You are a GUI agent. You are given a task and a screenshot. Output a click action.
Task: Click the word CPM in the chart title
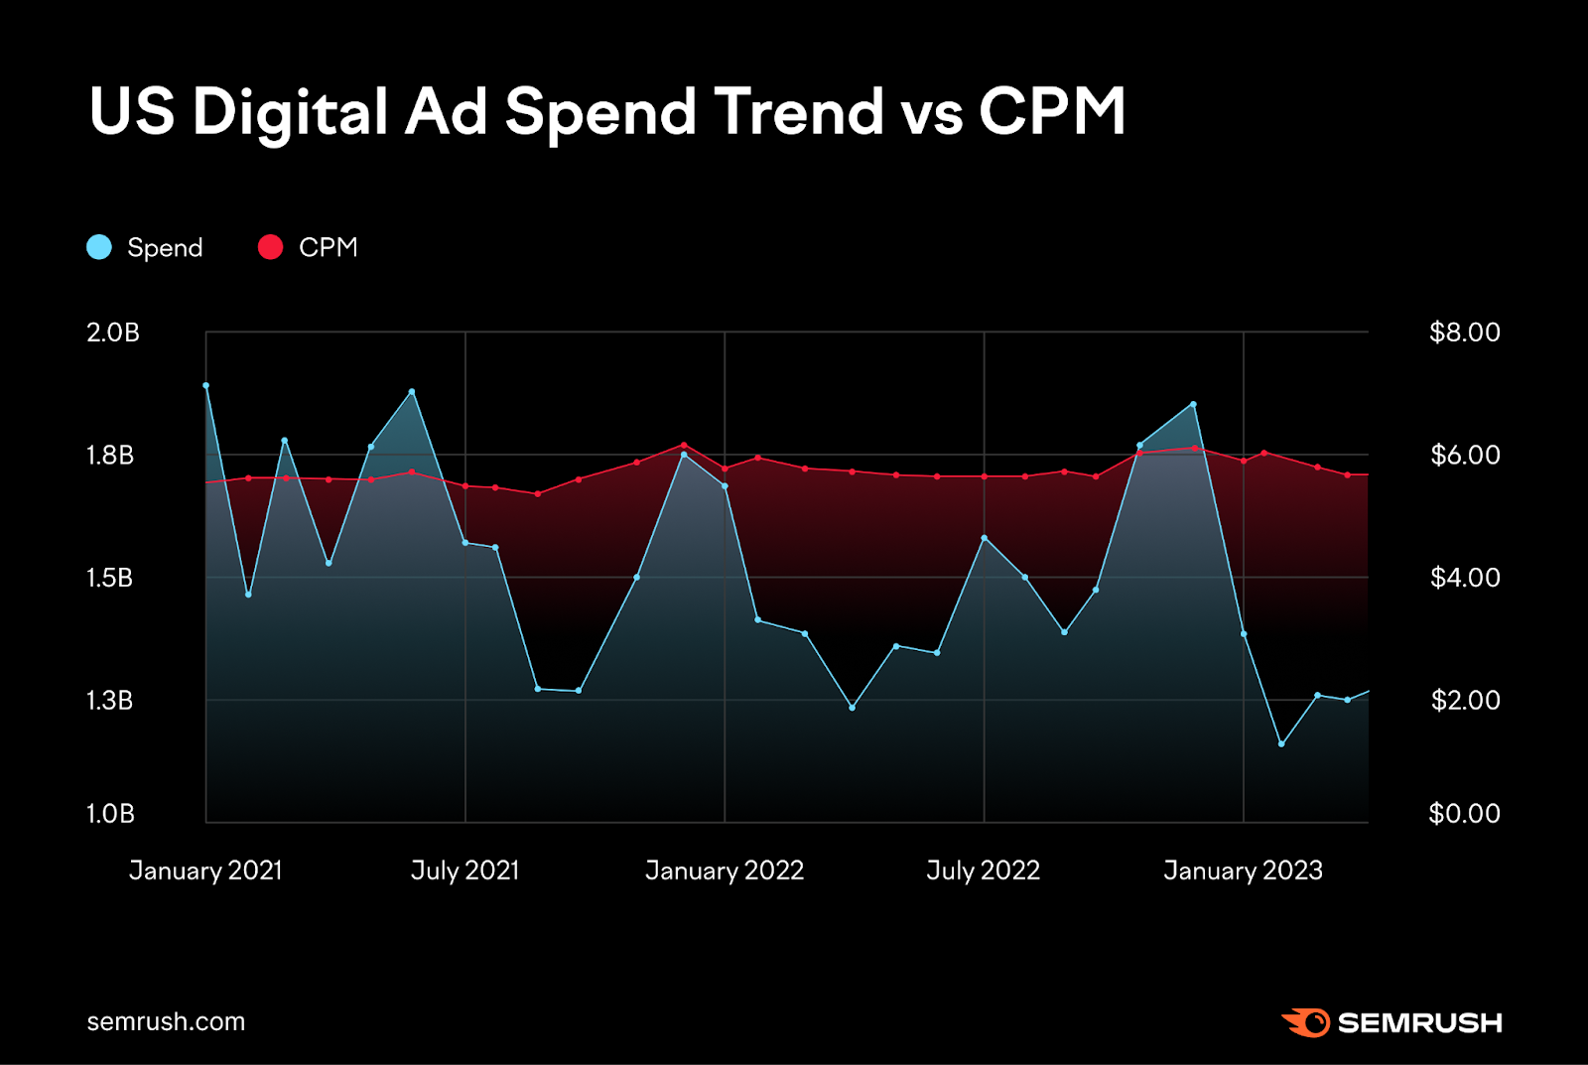click(1052, 111)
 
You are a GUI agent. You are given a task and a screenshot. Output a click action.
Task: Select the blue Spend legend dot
click(99, 247)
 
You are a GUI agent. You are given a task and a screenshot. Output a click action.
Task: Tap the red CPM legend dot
click(270, 247)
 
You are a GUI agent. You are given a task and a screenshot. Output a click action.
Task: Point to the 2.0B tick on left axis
click(113, 333)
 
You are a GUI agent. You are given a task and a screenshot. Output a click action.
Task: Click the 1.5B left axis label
click(110, 578)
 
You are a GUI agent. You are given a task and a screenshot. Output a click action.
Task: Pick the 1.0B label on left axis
click(110, 814)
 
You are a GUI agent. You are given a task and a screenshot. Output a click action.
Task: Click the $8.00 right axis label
click(1464, 333)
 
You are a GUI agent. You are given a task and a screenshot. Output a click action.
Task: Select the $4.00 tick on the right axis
click(1464, 578)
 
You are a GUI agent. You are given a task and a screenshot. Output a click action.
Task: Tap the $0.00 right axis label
click(1464, 814)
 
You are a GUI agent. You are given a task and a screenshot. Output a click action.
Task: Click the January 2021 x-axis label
click(205, 870)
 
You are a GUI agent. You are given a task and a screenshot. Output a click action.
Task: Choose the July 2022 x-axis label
click(983, 870)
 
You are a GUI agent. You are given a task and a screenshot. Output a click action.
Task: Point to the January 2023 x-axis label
click(1243, 870)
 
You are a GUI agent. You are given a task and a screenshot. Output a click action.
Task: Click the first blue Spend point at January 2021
click(206, 385)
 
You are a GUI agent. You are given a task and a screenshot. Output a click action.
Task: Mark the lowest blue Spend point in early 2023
click(1281, 743)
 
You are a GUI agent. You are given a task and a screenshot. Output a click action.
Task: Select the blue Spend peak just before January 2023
click(1193, 404)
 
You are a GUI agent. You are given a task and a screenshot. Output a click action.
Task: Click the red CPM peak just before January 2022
click(684, 445)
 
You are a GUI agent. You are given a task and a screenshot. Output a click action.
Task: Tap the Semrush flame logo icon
click(1306, 1022)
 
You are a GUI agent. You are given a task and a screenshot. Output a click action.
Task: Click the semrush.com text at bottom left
click(166, 1021)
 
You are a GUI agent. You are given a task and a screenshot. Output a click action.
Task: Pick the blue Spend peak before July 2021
click(412, 391)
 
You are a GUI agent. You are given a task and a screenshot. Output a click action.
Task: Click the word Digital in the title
click(289, 111)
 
